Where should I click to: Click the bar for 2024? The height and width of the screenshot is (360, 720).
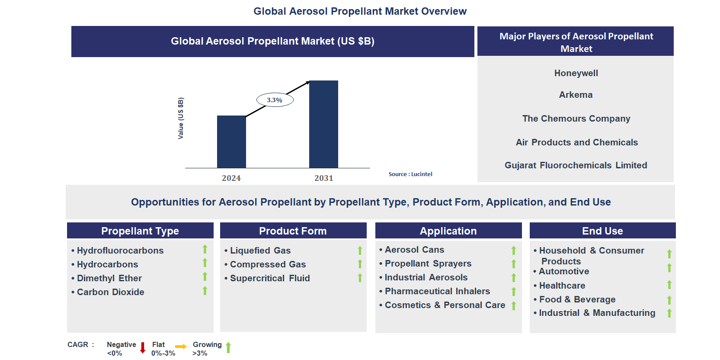tap(231, 141)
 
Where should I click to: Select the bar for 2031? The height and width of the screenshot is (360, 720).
tap(323, 124)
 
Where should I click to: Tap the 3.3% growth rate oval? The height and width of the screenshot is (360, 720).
tap(275, 100)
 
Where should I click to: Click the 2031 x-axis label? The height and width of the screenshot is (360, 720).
tap(323, 178)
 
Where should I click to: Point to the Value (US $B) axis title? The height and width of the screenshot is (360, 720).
tap(181, 118)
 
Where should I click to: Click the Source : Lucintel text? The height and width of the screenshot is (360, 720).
tap(410, 174)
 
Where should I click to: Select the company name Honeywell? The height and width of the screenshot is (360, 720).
tap(576, 73)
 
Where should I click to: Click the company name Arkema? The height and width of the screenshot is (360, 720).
tap(576, 95)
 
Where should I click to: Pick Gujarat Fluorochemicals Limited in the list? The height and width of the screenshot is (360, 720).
tap(576, 165)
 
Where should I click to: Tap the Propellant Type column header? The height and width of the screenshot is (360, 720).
tap(140, 231)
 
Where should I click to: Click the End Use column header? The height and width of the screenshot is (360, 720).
tap(602, 231)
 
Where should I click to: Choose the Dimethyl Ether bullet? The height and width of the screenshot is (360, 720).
tap(109, 278)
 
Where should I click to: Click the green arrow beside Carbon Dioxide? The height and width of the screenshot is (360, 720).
tap(205, 291)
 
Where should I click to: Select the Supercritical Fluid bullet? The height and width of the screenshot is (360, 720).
tap(269, 278)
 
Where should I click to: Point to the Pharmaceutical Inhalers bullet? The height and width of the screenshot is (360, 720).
tap(437, 291)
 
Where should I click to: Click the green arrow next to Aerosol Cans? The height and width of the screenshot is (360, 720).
tap(514, 251)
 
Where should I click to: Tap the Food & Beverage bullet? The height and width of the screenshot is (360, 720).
tap(577, 299)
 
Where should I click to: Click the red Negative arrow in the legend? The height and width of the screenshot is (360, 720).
tap(143, 348)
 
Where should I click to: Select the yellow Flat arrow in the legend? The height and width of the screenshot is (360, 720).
tap(181, 347)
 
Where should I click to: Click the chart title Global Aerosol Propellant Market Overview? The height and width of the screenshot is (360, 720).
tap(360, 11)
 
